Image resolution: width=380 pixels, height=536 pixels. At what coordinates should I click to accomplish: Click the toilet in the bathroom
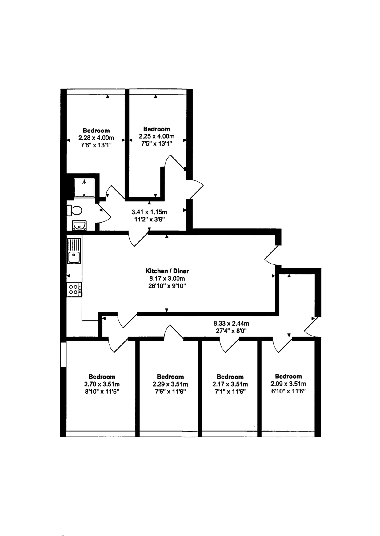click(x=74, y=211)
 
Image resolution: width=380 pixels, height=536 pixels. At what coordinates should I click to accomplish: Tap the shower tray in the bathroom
click(x=84, y=188)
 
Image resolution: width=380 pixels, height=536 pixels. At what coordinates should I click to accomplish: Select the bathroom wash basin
click(x=80, y=226)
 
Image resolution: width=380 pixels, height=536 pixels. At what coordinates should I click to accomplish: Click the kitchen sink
click(x=74, y=251)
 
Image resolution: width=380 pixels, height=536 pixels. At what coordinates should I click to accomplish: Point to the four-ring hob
click(x=74, y=289)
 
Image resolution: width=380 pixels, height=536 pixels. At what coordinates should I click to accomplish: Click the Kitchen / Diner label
click(x=167, y=271)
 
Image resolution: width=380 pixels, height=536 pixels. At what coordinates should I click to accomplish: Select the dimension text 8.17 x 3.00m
click(x=167, y=279)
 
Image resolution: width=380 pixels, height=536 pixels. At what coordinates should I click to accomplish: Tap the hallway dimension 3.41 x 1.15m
click(x=149, y=212)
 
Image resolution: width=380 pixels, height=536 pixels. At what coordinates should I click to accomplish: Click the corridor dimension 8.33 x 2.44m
click(x=231, y=324)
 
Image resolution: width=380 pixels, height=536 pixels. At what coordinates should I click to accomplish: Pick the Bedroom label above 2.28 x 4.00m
click(x=96, y=131)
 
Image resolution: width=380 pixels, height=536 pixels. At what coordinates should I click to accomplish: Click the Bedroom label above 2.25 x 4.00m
click(x=157, y=129)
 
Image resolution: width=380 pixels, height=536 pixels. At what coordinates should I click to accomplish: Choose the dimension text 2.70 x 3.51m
click(x=102, y=384)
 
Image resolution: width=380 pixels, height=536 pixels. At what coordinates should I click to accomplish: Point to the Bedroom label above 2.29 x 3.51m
click(x=170, y=377)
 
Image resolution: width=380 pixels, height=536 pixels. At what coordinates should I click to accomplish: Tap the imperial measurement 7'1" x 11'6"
click(x=230, y=392)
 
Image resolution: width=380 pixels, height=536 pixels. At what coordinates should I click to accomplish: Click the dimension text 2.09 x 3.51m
click(x=288, y=384)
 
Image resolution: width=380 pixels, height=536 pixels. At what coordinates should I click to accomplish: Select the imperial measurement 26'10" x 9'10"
click(x=167, y=286)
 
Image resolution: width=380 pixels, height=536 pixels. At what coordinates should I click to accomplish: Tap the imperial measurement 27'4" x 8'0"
click(x=231, y=331)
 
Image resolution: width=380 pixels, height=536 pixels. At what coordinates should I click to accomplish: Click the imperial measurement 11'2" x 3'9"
click(x=149, y=220)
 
